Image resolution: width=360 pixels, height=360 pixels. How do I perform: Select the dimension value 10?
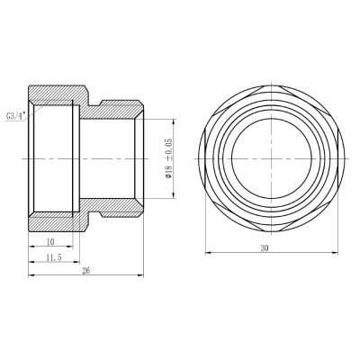point(51,240)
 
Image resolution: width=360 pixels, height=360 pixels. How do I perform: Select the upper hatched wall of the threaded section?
point(54,94)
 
